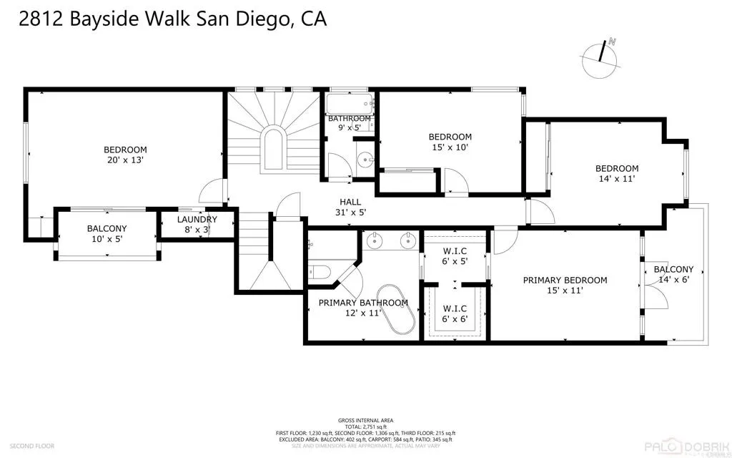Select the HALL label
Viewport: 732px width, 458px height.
(350, 203)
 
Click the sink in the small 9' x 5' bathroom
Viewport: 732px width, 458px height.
(365, 160)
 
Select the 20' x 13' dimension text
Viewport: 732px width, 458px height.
(124, 160)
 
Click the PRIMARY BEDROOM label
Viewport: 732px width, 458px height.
(565, 281)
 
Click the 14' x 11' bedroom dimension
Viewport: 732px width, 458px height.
(616, 179)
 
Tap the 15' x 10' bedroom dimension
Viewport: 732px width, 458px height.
(450, 147)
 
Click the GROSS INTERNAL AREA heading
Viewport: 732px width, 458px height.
(365, 420)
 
